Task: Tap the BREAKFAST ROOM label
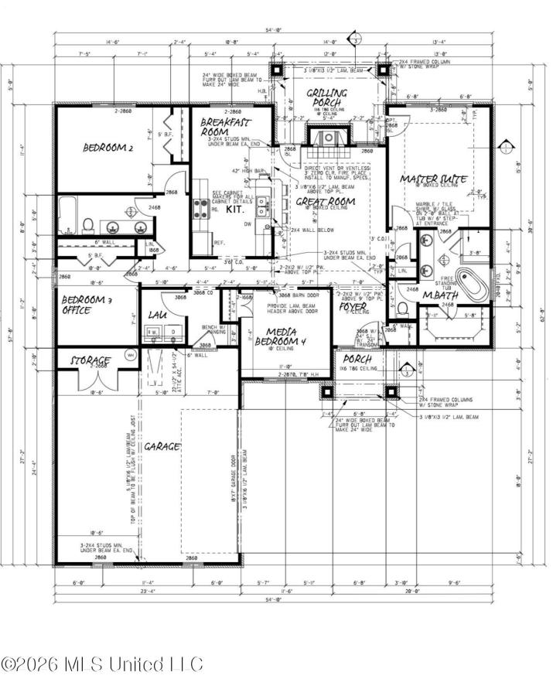[224, 127]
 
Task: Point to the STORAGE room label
[91, 360]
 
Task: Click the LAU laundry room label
[159, 316]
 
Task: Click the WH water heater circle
[130, 355]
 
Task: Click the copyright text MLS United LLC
[101, 664]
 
